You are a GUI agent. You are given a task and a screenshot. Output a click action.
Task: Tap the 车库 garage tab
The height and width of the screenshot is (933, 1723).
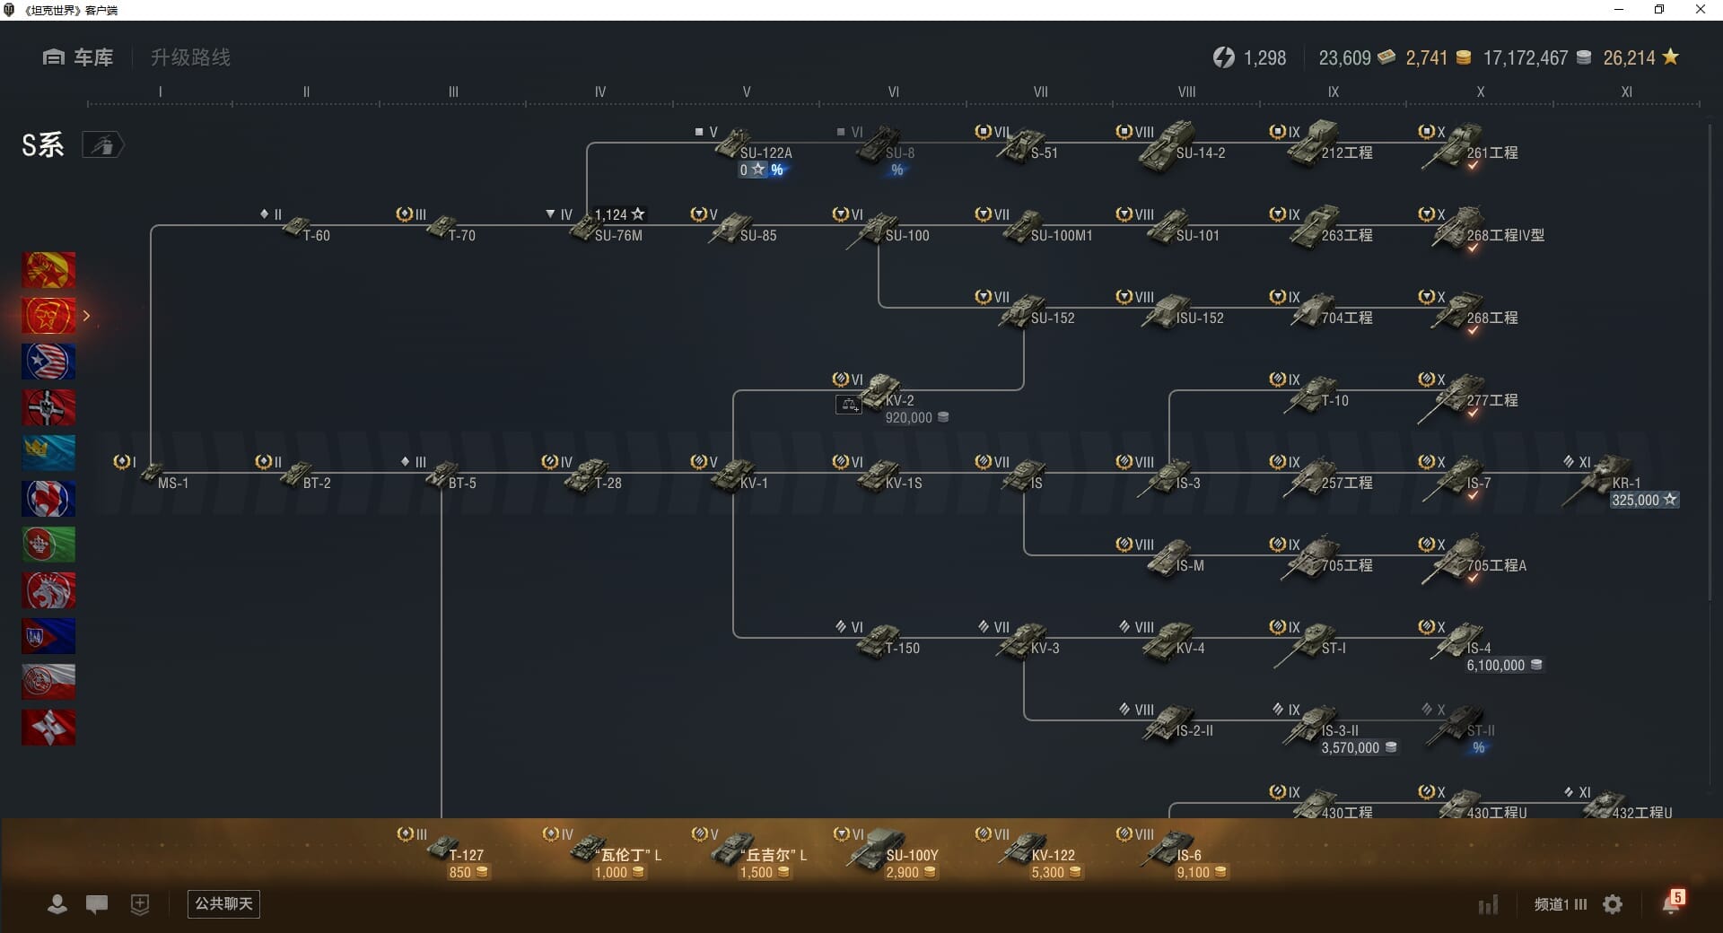click(x=79, y=57)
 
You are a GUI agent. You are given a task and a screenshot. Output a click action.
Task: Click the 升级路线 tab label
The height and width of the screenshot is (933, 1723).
click(x=190, y=57)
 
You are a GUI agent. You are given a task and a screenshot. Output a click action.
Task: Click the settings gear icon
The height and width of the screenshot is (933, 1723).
click(x=1613, y=904)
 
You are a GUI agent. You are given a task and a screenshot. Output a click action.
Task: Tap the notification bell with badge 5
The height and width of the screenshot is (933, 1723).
click(x=1671, y=903)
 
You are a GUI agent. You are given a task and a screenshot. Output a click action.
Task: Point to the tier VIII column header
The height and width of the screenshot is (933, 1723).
click(x=1186, y=92)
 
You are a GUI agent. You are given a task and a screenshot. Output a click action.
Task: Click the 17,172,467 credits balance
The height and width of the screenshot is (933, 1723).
click(x=1526, y=58)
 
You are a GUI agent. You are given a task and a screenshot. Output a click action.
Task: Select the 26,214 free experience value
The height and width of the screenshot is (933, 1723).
click(x=1630, y=58)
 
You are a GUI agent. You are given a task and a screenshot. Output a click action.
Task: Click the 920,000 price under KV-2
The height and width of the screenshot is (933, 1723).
click(x=909, y=418)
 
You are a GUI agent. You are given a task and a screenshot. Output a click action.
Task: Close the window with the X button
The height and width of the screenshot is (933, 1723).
click(x=1700, y=10)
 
